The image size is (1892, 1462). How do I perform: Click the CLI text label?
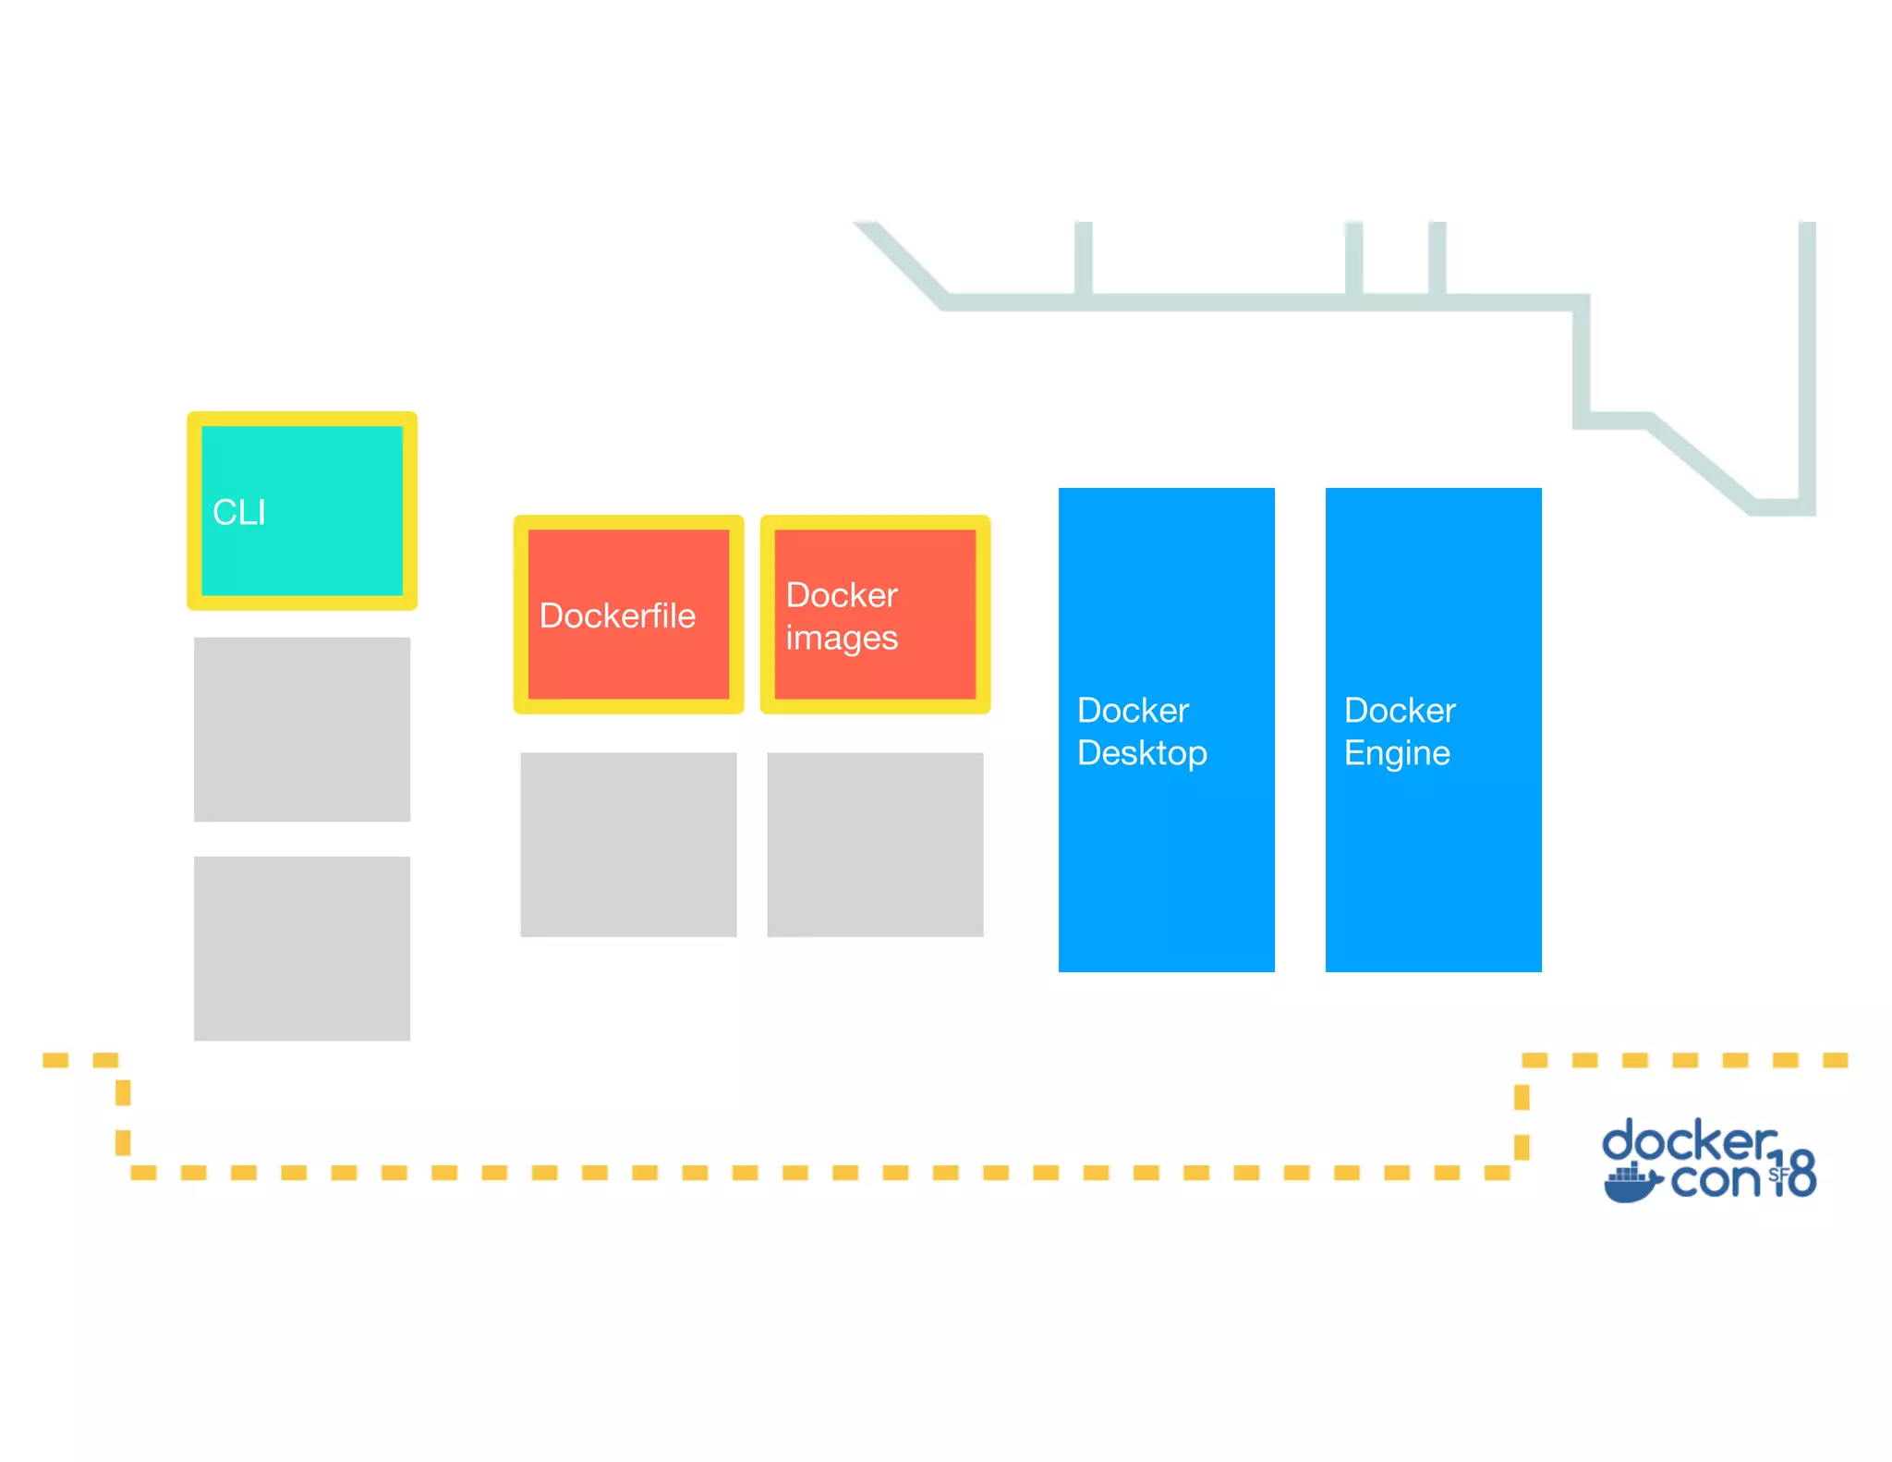[x=239, y=513]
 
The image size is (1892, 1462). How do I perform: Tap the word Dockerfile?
[x=617, y=616]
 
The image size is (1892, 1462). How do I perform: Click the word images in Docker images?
[x=842, y=639]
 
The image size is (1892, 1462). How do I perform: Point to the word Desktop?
[x=1142, y=754]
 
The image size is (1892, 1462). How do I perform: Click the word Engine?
[x=1397, y=754]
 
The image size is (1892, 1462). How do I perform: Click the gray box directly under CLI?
[x=302, y=729]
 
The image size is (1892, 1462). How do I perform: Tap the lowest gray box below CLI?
[x=302, y=948]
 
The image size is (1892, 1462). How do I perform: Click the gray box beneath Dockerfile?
[x=628, y=845]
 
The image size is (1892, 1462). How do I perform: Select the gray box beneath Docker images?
[x=875, y=845]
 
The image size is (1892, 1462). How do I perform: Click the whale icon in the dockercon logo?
[x=1631, y=1183]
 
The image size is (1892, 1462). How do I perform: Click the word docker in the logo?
[x=1689, y=1142]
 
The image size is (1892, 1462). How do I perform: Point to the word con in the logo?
[x=1716, y=1181]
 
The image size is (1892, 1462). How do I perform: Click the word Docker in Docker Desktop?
[x=1133, y=711]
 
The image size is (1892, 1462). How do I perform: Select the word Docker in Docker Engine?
[x=1400, y=711]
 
